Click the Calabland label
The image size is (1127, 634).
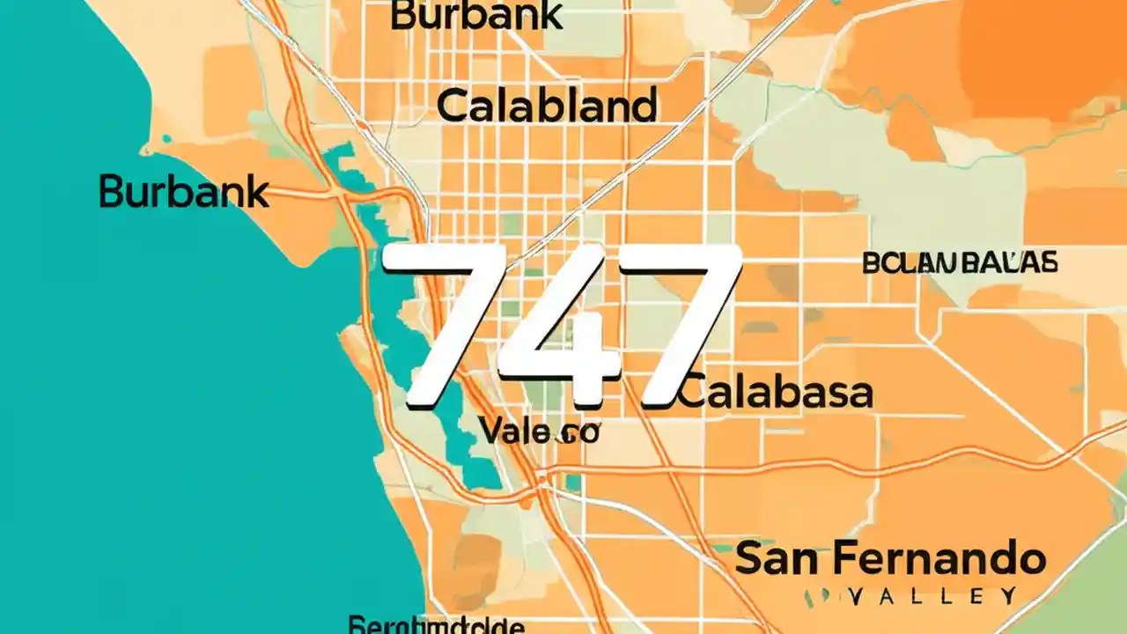coord(547,107)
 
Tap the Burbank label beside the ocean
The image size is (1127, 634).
coord(183,191)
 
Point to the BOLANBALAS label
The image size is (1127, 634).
coord(960,262)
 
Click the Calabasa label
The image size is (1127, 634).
coord(776,394)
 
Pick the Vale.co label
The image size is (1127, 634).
coord(539,431)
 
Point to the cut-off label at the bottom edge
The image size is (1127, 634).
coord(437,626)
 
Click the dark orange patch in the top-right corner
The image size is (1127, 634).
coord(1048,53)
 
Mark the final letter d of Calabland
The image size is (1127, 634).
coord(645,107)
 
